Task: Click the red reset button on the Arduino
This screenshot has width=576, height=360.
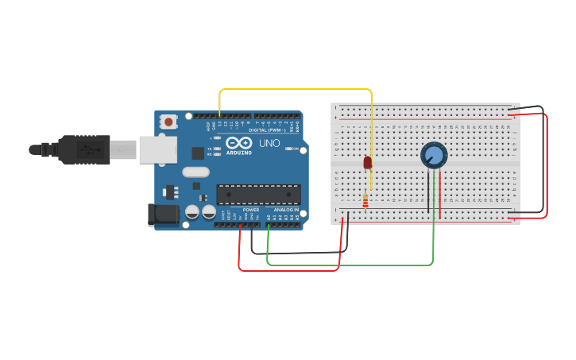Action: (168, 122)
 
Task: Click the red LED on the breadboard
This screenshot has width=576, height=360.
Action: (367, 162)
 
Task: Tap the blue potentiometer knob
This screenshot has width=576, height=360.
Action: (434, 155)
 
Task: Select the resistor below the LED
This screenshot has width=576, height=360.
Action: (365, 200)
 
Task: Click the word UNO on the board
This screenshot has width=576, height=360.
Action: (269, 144)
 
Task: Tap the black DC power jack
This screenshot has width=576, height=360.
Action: (164, 214)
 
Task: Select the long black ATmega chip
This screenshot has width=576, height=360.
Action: (258, 195)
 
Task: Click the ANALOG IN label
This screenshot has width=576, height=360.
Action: (286, 210)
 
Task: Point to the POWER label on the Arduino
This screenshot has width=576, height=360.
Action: (250, 210)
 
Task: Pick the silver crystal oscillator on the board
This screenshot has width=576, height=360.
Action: (195, 172)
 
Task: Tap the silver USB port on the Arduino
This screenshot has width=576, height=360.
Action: (157, 149)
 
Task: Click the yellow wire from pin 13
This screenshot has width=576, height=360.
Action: (294, 89)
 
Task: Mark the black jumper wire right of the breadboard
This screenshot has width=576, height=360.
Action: (543, 159)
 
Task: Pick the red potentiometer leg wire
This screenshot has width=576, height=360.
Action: (440, 195)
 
